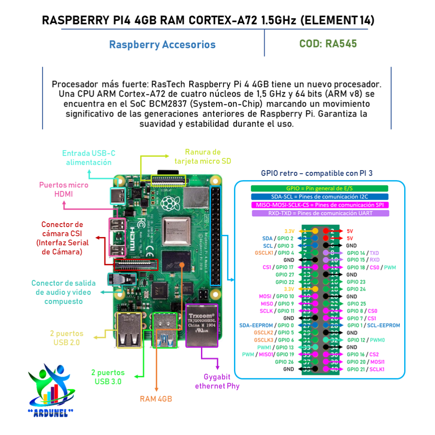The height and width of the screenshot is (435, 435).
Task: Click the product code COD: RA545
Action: pos(328,44)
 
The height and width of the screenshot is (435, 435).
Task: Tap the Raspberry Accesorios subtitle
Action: pos(162,45)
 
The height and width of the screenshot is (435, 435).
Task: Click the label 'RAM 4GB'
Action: pos(156,399)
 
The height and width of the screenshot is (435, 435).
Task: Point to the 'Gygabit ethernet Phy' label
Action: pos(217,381)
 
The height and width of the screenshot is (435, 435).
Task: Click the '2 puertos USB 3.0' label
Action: pos(108,377)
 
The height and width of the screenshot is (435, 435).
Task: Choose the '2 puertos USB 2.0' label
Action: pos(67,338)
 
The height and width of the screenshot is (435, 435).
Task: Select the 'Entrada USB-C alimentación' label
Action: pos(89,158)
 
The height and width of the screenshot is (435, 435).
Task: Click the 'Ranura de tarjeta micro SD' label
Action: pos(203,157)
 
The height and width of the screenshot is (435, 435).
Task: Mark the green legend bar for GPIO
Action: pos(319,188)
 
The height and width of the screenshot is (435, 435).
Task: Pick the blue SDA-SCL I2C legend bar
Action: pos(319,197)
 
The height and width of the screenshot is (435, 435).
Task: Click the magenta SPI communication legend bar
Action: pos(319,205)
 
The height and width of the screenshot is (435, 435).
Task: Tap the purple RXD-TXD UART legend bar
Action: pos(319,213)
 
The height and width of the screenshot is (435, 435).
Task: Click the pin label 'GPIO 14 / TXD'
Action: pos(363,253)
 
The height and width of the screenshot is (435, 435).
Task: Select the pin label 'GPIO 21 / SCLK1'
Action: pos(365,369)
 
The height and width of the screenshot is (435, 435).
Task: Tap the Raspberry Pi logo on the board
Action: pos(168,202)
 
